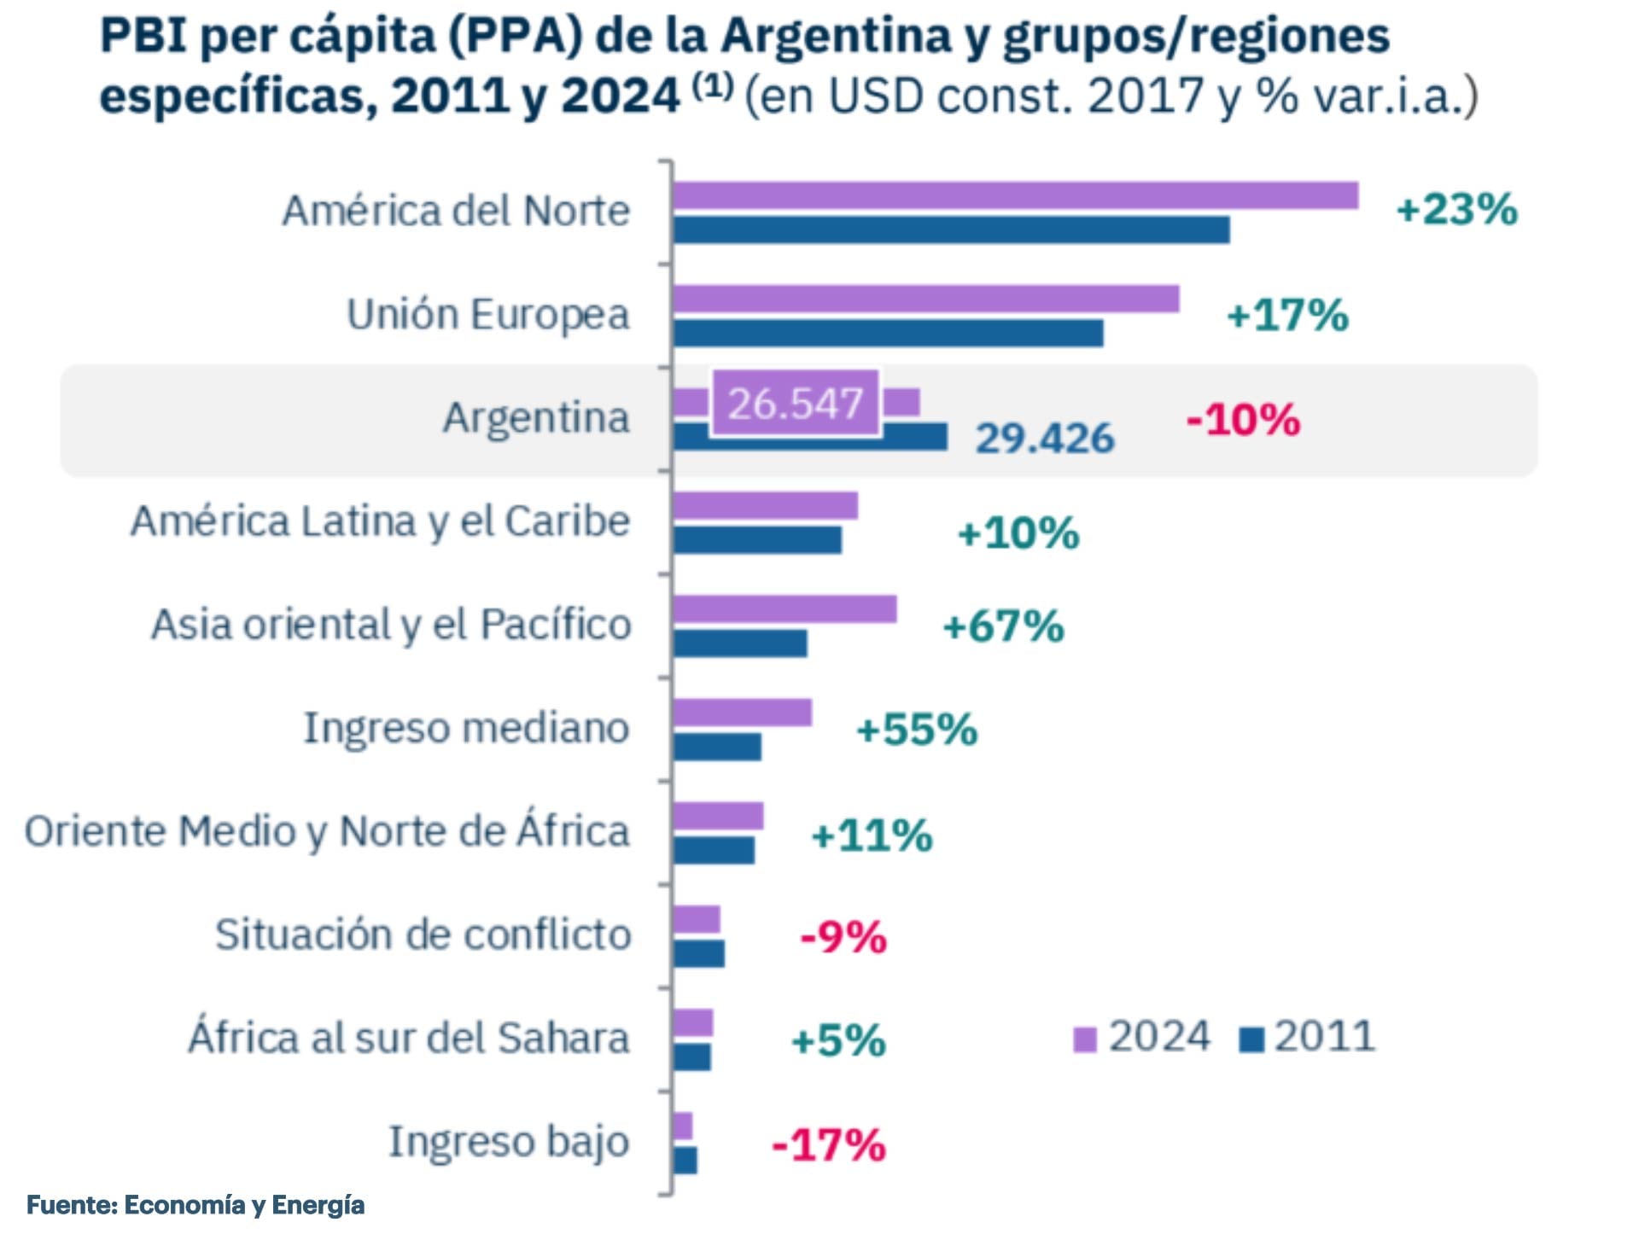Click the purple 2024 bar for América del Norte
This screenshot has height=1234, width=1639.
(x=1015, y=195)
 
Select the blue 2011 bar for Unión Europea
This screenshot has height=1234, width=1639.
(x=888, y=334)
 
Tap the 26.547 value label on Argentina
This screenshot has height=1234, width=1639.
(x=795, y=403)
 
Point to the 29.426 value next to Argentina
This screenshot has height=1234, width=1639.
(x=1045, y=439)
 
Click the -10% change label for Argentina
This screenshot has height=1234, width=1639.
(x=1243, y=420)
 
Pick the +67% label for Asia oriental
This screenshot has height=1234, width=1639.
(x=1003, y=626)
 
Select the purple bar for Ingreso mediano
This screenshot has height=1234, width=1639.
(x=742, y=713)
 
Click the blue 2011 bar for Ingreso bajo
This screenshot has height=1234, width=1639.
(x=685, y=1161)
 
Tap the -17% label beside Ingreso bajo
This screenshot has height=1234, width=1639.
(x=828, y=1144)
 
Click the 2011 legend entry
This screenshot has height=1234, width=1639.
(x=1308, y=1038)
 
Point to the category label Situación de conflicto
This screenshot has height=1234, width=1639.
(x=423, y=934)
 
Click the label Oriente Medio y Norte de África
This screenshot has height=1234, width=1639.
(x=327, y=831)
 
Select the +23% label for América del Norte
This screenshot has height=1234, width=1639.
(x=1456, y=209)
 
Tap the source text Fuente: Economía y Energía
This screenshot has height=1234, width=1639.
(x=195, y=1205)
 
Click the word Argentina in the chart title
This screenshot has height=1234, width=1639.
(x=836, y=37)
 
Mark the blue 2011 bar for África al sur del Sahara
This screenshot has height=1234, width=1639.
(x=691, y=1057)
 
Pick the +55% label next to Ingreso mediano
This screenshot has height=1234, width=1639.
(x=917, y=730)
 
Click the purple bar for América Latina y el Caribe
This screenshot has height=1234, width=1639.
(x=765, y=505)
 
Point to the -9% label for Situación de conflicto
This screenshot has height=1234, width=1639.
(x=843, y=937)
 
